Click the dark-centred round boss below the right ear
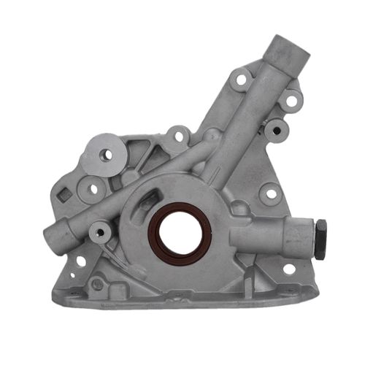(x=276, y=131)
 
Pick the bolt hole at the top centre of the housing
(x=177, y=136)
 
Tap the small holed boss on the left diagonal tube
(x=99, y=234)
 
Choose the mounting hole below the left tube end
(x=79, y=261)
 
